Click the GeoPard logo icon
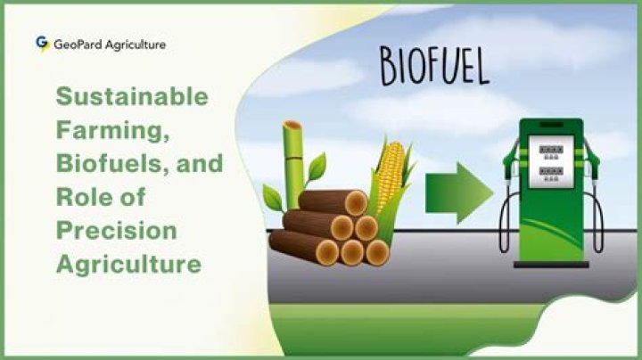click(x=41, y=43)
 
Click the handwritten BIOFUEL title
click(x=434, y=65)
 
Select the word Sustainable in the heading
click(x=132, y=96)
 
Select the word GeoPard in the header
click(x=78, y=44)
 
